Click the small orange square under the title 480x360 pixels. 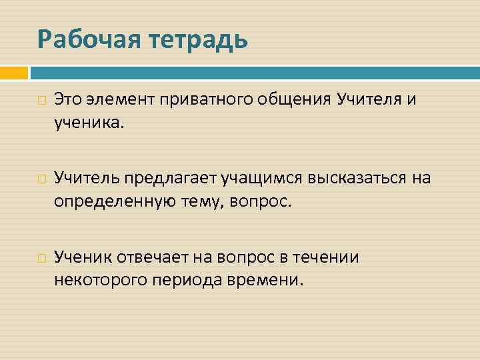[x=13, y=72]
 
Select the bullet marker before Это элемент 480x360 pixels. [x=42, y=101]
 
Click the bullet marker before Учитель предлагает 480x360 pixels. [x=42, y=179]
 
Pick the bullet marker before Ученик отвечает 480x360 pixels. [x=42, y=258]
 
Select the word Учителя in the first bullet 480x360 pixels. [x=369, y=100]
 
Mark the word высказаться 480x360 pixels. [x=356, y=178]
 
